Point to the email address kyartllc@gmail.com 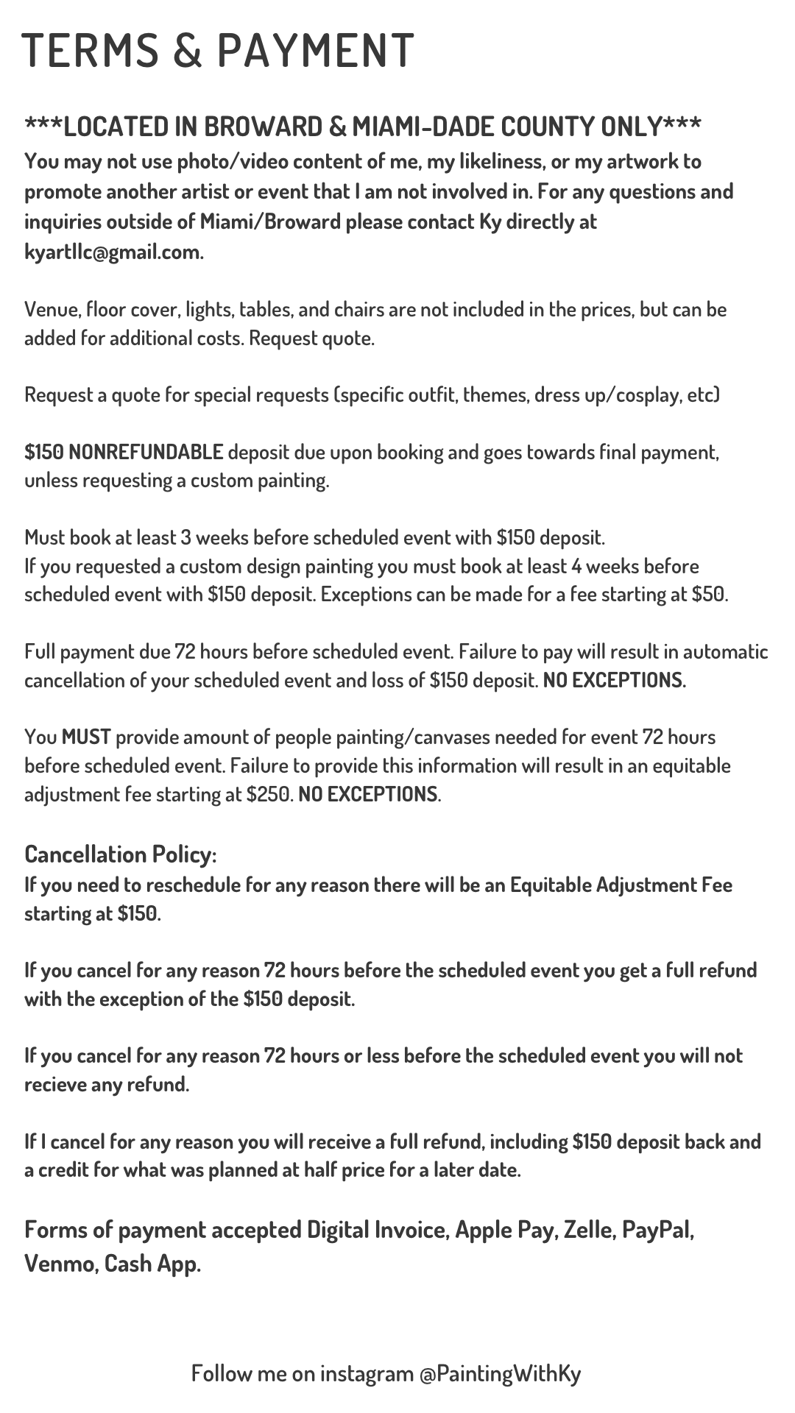(x=113, y=252)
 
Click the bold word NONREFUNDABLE (x=146, y=451)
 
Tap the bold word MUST (x=86, y=737)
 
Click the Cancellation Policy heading (x=120, y=854)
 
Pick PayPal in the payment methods (x=658, y=1230)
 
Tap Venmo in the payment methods (x=59, y=1264)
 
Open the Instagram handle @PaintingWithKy (x=500, y=1373)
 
